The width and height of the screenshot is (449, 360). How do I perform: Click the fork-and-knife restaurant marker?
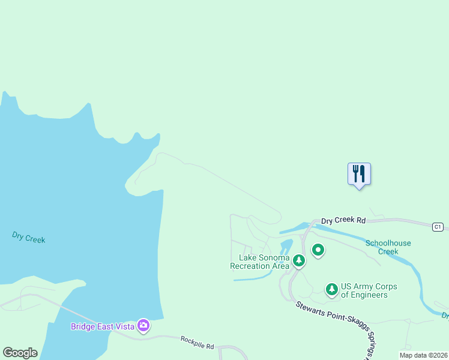359,174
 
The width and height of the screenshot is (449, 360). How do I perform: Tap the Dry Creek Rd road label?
343,221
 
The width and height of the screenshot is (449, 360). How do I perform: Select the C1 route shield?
438,227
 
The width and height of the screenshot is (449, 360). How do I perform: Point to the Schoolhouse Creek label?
388,247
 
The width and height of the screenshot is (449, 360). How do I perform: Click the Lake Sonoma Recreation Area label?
260,262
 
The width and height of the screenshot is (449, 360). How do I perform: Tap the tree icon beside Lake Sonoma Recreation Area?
298,260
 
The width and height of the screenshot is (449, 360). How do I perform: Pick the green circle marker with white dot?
318,250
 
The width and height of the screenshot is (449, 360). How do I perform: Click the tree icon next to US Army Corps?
331,290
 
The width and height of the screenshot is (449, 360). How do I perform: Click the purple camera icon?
143,326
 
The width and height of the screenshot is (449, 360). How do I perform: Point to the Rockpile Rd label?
197,343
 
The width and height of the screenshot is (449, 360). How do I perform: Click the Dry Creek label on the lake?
28,237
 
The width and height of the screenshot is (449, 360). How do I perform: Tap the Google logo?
20,353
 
